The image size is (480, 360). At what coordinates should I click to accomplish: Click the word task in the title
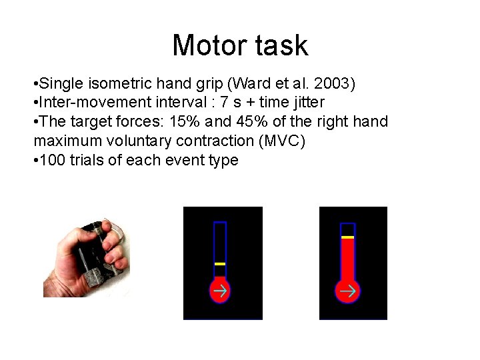281,45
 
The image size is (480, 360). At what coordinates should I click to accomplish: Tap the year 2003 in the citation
336,85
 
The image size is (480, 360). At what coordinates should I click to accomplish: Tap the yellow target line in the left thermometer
220,264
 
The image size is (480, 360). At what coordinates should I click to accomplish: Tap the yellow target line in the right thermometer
347,237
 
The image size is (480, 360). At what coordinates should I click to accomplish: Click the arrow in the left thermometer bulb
220,291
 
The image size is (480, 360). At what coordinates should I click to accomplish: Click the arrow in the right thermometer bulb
347,291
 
